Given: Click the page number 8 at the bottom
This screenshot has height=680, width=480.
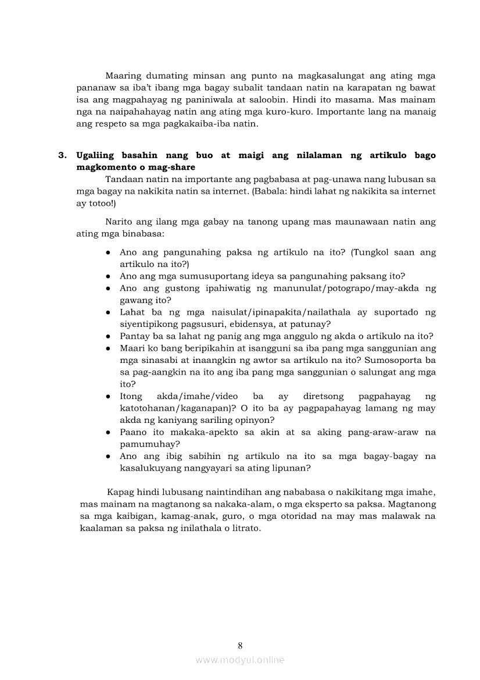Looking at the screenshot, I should click(240, 645).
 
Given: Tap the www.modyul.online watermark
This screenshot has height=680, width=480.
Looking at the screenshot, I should click(240, 660).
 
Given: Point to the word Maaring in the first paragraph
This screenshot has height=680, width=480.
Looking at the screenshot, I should click(123, 76).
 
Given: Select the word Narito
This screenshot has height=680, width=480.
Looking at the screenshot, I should click(120, 222).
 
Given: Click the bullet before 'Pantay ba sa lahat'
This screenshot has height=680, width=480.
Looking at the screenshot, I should click(109, 336).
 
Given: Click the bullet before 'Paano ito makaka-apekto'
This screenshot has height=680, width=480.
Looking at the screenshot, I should click(109, 433).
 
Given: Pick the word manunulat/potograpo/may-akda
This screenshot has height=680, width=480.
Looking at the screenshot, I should click(359, 288).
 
